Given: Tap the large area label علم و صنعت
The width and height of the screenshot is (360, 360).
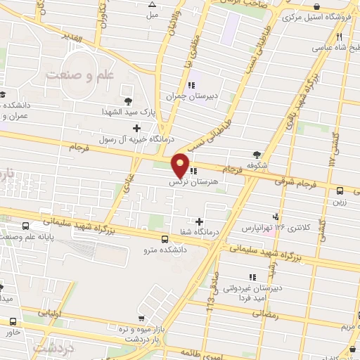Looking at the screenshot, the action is pyautogui.click(x=79, y=73).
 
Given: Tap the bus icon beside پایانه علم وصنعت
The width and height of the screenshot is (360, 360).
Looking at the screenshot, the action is pyautogui.click(x=26, y=226).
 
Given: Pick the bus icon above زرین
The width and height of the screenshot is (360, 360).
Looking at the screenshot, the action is pyautogui.click(x=341, y=190).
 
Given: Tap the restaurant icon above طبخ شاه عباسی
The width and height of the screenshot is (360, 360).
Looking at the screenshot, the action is pyautogui.click(x=340, y=36).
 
